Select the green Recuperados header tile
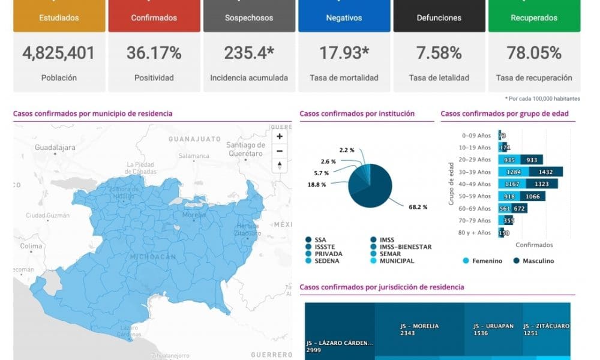(534, 17)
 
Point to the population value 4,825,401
(59, 53)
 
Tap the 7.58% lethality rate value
(439, 53)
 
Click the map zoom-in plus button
(280, 136)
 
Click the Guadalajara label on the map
(55, 147)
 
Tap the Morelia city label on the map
(194, 214)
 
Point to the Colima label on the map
(31, 246)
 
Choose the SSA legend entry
(320, 239)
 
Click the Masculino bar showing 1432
(549, 172)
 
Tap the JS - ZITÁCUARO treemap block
(546, 330)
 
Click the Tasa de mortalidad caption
(344, 77)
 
